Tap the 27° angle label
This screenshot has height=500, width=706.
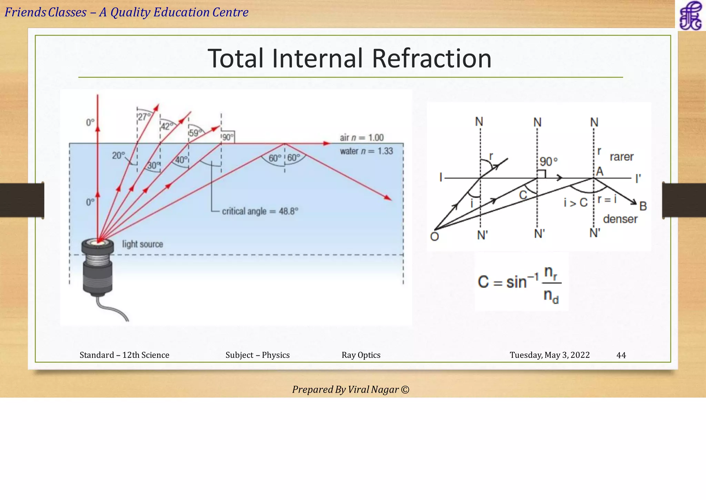pos(144,117)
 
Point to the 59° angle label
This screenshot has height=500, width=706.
pos(195,133)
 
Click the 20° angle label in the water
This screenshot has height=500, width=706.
pos(119,156)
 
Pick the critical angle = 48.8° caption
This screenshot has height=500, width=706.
pos(260,211)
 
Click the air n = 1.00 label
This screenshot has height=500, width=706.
pos(362,138)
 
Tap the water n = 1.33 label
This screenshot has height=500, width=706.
pos(366,151)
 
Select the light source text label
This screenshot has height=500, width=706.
pos(142,244)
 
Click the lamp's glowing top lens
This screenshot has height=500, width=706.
pos(98,243)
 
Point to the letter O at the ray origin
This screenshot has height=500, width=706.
pos(434,237)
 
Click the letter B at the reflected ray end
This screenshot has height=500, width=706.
pos(643,206)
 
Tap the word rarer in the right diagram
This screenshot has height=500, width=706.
pos(622,157)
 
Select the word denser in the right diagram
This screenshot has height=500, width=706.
pos(620,219)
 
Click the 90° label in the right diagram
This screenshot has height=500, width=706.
pos(548,161)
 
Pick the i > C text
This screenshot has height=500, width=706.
pos(575,203)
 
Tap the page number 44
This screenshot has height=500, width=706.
pos(621,355)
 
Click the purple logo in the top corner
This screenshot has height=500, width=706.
pos(690,16)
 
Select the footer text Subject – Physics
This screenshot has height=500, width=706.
pos(258,355)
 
